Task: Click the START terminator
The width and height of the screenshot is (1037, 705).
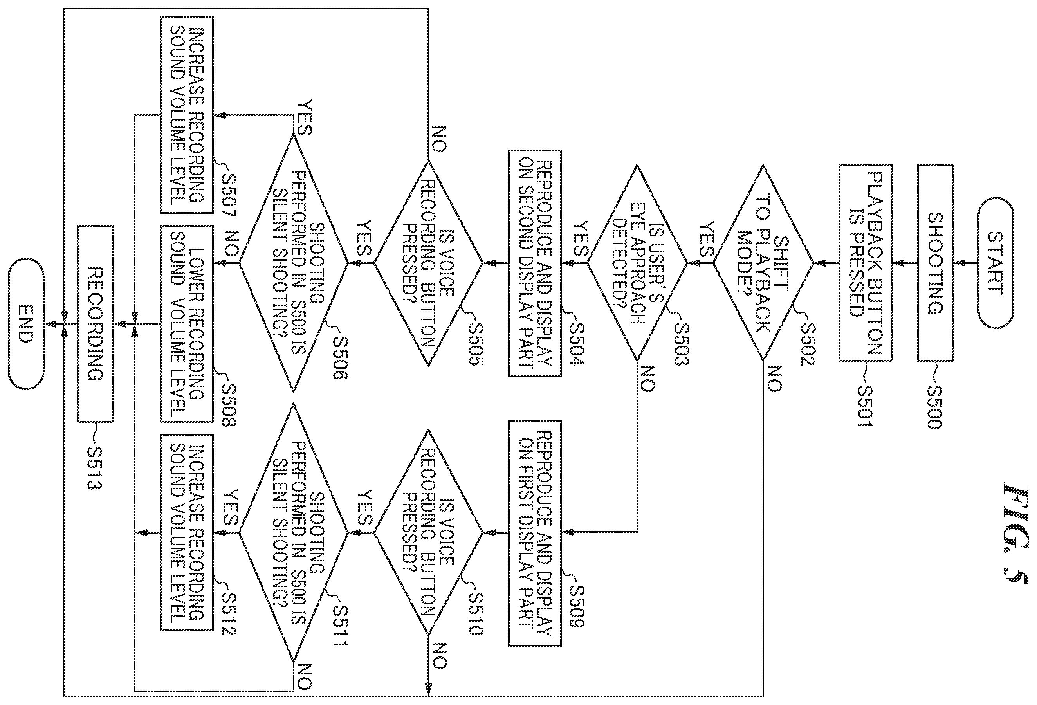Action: [996, 263]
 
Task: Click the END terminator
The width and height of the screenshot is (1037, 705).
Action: [26, 324]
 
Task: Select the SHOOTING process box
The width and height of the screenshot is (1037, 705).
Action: [935, 263]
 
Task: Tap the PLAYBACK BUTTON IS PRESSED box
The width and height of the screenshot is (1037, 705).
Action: [865, 263]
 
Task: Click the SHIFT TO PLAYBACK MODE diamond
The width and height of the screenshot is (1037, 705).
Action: [763, 263]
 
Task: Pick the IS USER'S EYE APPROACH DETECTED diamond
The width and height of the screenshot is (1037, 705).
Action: [637, 263]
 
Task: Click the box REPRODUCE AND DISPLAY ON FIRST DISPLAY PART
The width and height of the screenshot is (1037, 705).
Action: [535, 533]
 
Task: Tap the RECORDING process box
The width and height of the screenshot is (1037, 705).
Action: [96, 324]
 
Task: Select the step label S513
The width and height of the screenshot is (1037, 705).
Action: [95, 468]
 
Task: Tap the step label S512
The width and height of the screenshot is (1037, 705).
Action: [229, 615]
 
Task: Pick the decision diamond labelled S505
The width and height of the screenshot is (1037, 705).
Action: [428, 263]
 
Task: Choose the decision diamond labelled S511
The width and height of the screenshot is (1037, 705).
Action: [293, 533]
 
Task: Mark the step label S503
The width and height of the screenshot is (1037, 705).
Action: [681, 344]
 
